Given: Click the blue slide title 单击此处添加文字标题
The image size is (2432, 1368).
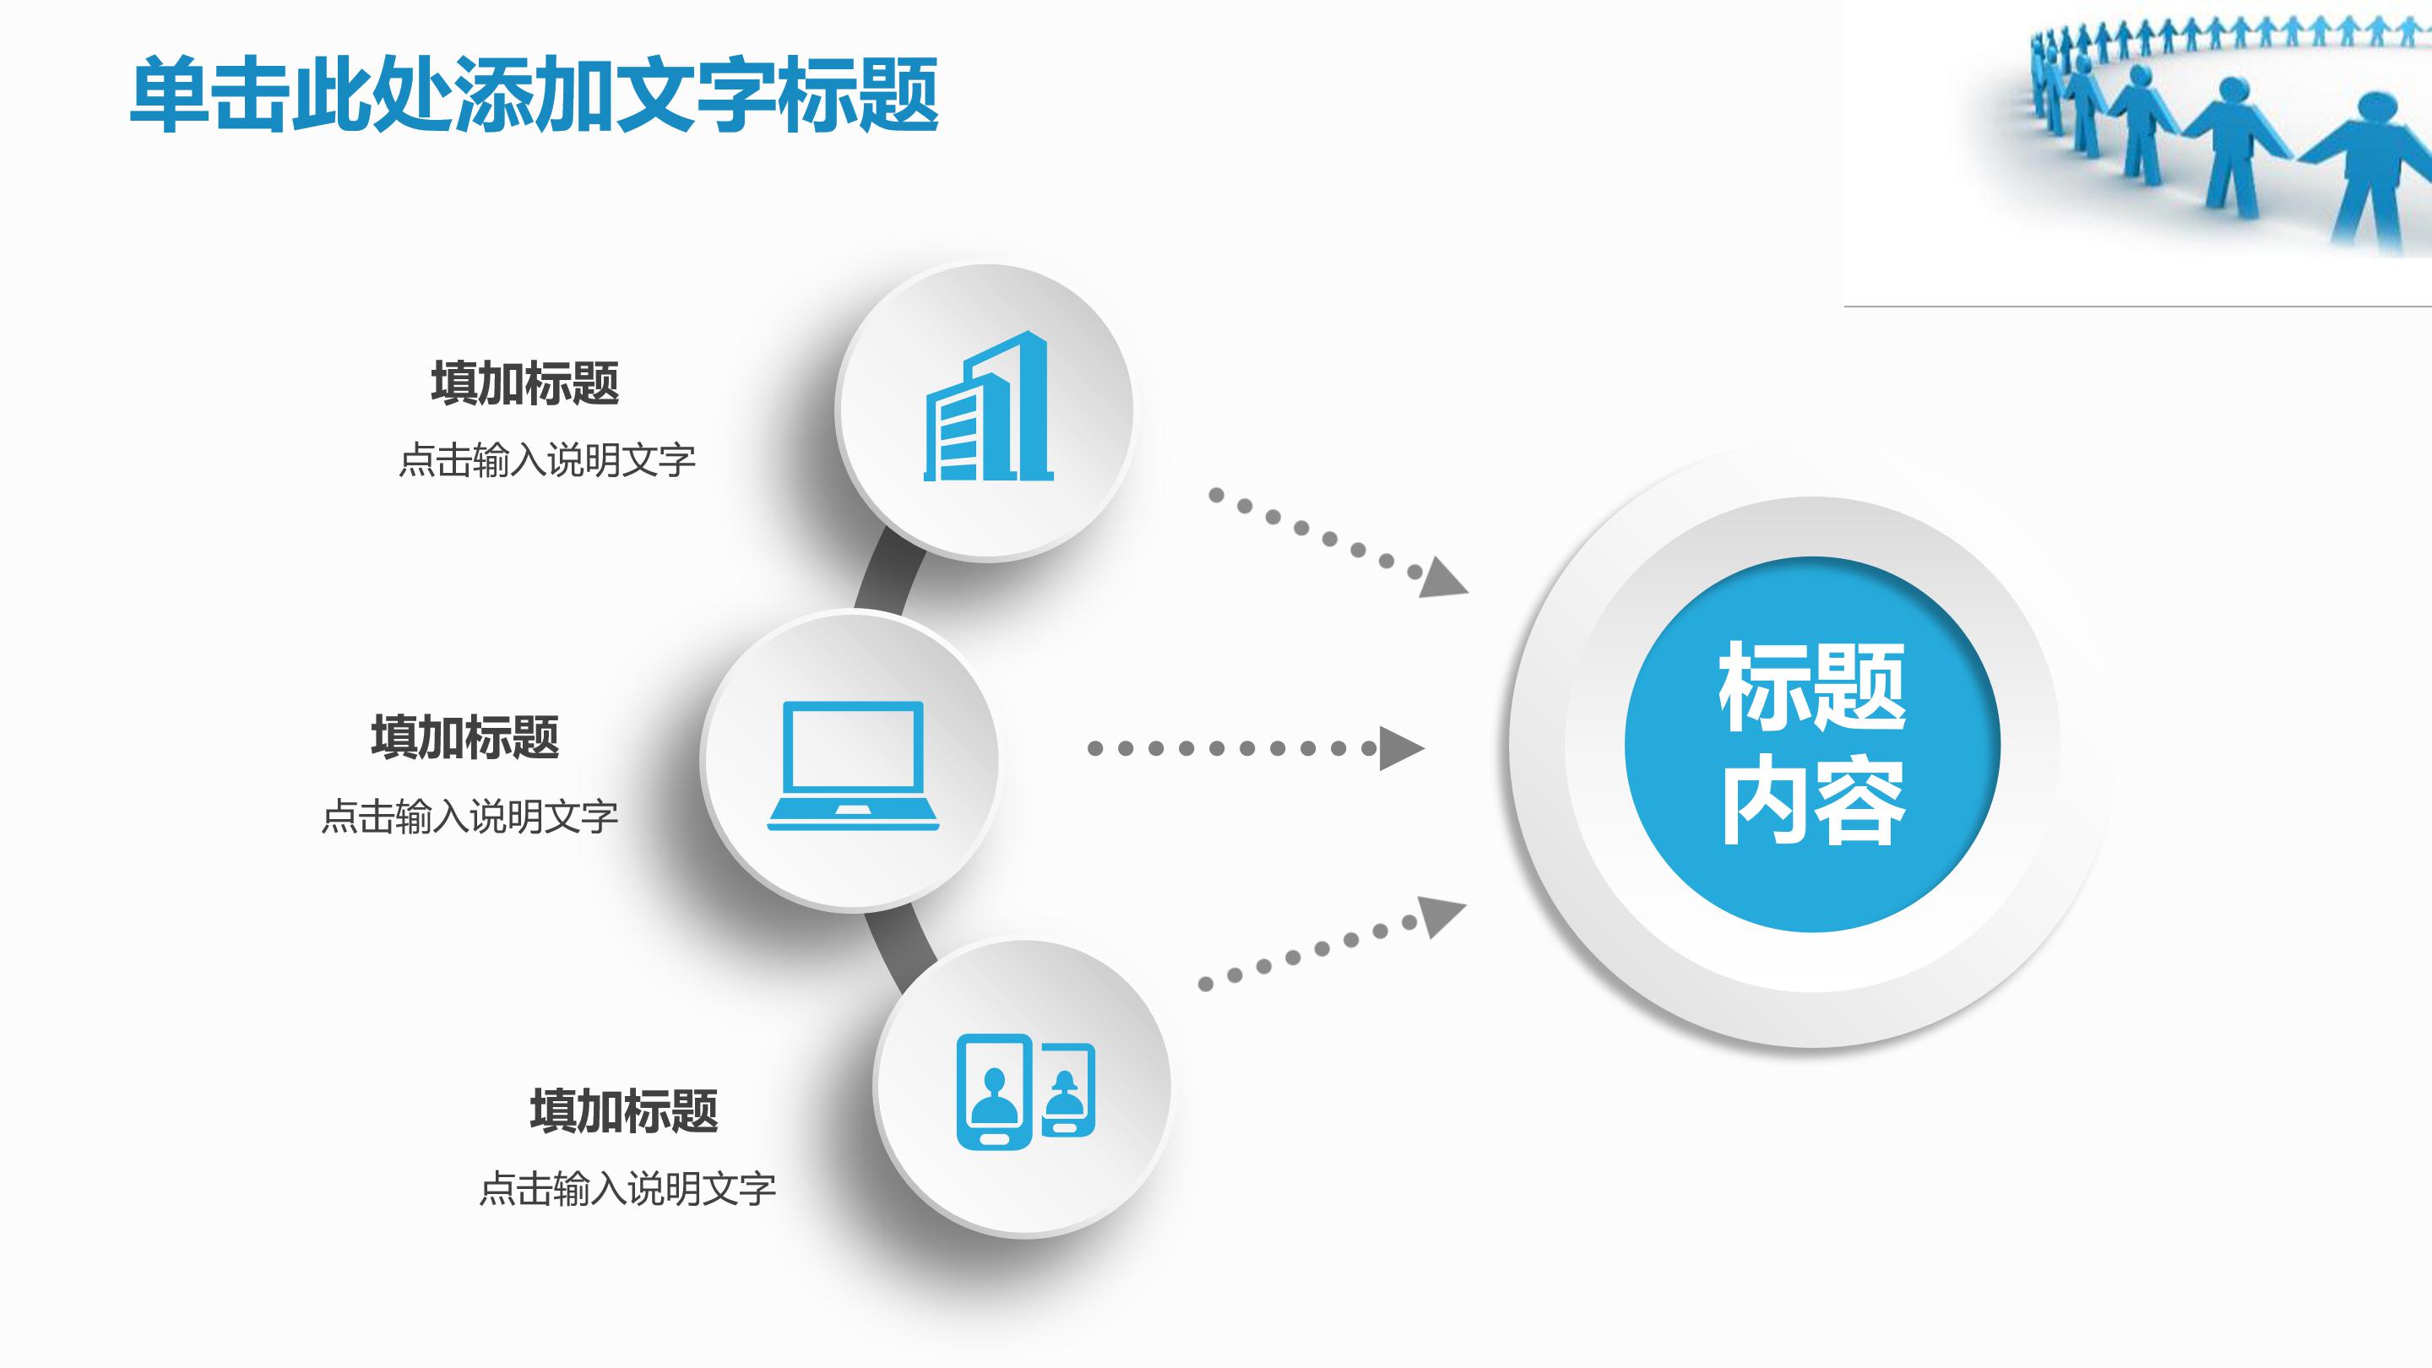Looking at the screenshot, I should pyautogui.click(x=535, y=95).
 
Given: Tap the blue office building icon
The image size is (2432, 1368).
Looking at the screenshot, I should pyautogui.click(x=987, y=408).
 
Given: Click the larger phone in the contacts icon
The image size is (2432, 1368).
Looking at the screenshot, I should pyautogui.click(x=993, y=1093).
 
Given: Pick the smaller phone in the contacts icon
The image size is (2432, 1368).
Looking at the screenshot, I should pyautogui.click(x=1067, y=1090).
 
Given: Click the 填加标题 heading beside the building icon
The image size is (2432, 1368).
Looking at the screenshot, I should pyautogui.click(x=525, y=383).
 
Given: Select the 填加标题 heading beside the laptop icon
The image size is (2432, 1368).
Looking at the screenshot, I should pyautogui.click(x=465, y=737).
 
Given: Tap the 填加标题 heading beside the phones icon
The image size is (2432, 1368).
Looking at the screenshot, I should pyautogui.click(x=624, y=1110).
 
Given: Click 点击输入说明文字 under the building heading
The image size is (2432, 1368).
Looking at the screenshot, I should pyautogui.click(x=547, y=461).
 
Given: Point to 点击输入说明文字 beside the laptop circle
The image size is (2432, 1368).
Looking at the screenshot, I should pyautogui.click(x=470, y=817).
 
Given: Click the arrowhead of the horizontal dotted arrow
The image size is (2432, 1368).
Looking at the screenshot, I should pyautogui.click(x=1400, y=749).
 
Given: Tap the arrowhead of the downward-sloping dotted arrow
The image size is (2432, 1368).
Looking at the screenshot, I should pyautogui.click(x=1442, y=578).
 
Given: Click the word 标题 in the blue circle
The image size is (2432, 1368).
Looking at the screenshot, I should pyautogui.click(x=1811, y=687).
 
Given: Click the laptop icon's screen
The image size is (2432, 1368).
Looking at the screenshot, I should pyautogui.click(x=853, y=746).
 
